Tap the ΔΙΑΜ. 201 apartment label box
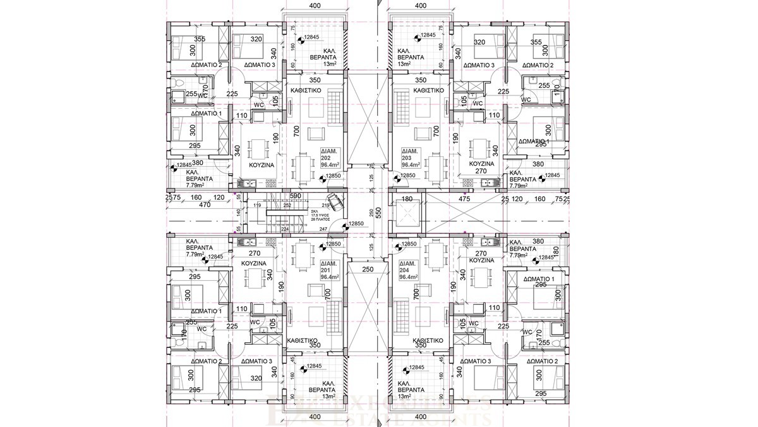tap(331, 269)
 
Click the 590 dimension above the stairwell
tap(296, 196)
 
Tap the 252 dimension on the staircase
tap(287, 206)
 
